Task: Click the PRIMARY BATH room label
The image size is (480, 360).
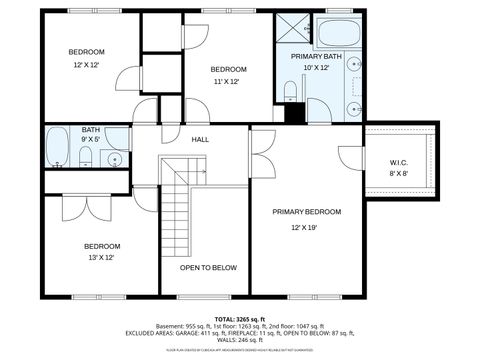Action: [316, 57]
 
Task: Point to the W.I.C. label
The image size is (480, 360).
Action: [398, 163]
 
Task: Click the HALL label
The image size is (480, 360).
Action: [200, 140]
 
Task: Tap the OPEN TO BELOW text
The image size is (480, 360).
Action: [208, 268]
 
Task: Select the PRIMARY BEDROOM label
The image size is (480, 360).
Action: [309, 212]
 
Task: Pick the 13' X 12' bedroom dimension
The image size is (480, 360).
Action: [101, 258]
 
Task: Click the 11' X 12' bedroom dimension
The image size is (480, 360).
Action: [228, 82]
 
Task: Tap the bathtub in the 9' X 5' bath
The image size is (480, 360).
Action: [58, 146]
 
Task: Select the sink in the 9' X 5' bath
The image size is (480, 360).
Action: [117, 158]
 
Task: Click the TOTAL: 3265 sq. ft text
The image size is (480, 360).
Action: [240, 318]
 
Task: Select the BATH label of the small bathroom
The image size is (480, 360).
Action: [91, 129]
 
